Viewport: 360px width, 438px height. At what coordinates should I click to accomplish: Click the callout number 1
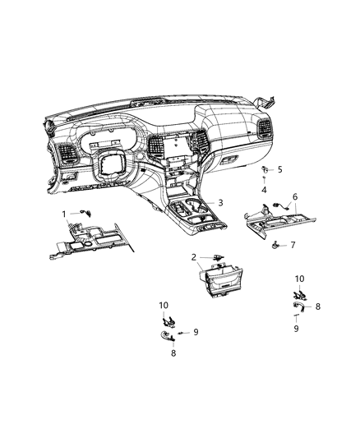[x=65, y=214]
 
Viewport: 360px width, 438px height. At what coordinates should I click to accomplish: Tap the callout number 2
[x=194, y=256]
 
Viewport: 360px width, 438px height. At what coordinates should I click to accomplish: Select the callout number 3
[x=220, y=202]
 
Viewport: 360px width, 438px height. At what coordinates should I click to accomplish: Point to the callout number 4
[x=241, y=190]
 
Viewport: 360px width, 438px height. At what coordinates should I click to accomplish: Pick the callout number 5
[x=256, y=170]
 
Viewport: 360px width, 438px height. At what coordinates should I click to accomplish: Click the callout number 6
[x=295, y=197]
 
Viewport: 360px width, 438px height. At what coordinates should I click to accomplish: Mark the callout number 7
[x=292, y=245]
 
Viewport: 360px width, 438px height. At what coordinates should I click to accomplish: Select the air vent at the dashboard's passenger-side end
[x=266, y=130]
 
